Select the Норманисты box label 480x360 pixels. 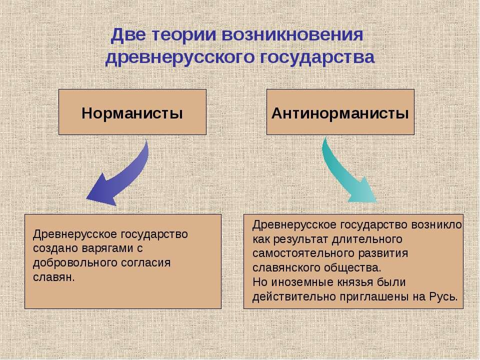click(132, 112)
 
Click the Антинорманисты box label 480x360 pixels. click(340, 112)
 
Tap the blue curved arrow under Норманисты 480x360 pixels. click(122, 175)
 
